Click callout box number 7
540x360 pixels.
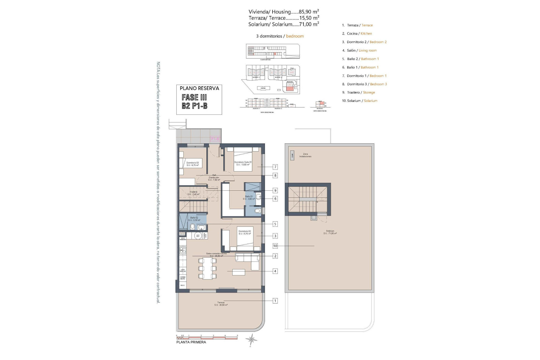click(x=275, y=167)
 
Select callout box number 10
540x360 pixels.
click(x=275, y=246)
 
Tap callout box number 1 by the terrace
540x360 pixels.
click(x=275, y=301)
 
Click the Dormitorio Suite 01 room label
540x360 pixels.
click(x=243, y=163)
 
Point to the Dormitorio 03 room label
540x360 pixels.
click(x=192, y=164)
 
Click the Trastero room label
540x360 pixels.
click(x=193, y=193)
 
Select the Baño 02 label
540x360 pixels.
click(x=194, y=219)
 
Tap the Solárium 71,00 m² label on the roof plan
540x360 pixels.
click(x=330, y=232)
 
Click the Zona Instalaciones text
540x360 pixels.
click(x=305, y=155)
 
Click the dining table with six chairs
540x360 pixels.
click(x=208, y=268)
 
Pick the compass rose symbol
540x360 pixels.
click(x=251, y=339)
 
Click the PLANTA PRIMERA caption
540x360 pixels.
click(x=191, y=342)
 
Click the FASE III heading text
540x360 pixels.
click(x=194, y=97)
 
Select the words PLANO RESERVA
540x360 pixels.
click(x=199, y=88)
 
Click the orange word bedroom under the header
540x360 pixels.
click(x=295, y=36)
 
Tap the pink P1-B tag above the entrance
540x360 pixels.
click(x=215, y=139)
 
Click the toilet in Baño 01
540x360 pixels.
click(x=257, y=211)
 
